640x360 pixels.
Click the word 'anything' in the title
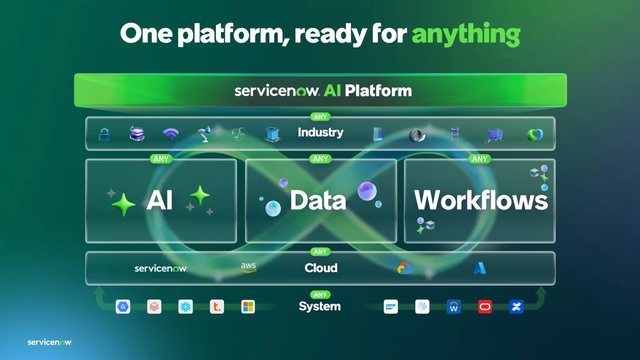pos(465,34)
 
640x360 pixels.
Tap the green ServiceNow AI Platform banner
pos(320,91)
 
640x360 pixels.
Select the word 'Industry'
pos(320,133)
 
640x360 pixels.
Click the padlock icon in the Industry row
pos(103,134)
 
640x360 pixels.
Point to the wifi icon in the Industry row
pos(171,134)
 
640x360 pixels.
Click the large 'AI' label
pos(160,201)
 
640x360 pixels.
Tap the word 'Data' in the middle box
pos(318,201)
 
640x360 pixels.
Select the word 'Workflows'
pos(481,200)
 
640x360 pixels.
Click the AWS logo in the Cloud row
pos(249,268)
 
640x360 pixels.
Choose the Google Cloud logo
pos(404,268)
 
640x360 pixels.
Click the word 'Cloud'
pos(320,268)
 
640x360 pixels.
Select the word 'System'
pos(320,306)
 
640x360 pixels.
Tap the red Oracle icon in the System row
pos(485,306)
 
